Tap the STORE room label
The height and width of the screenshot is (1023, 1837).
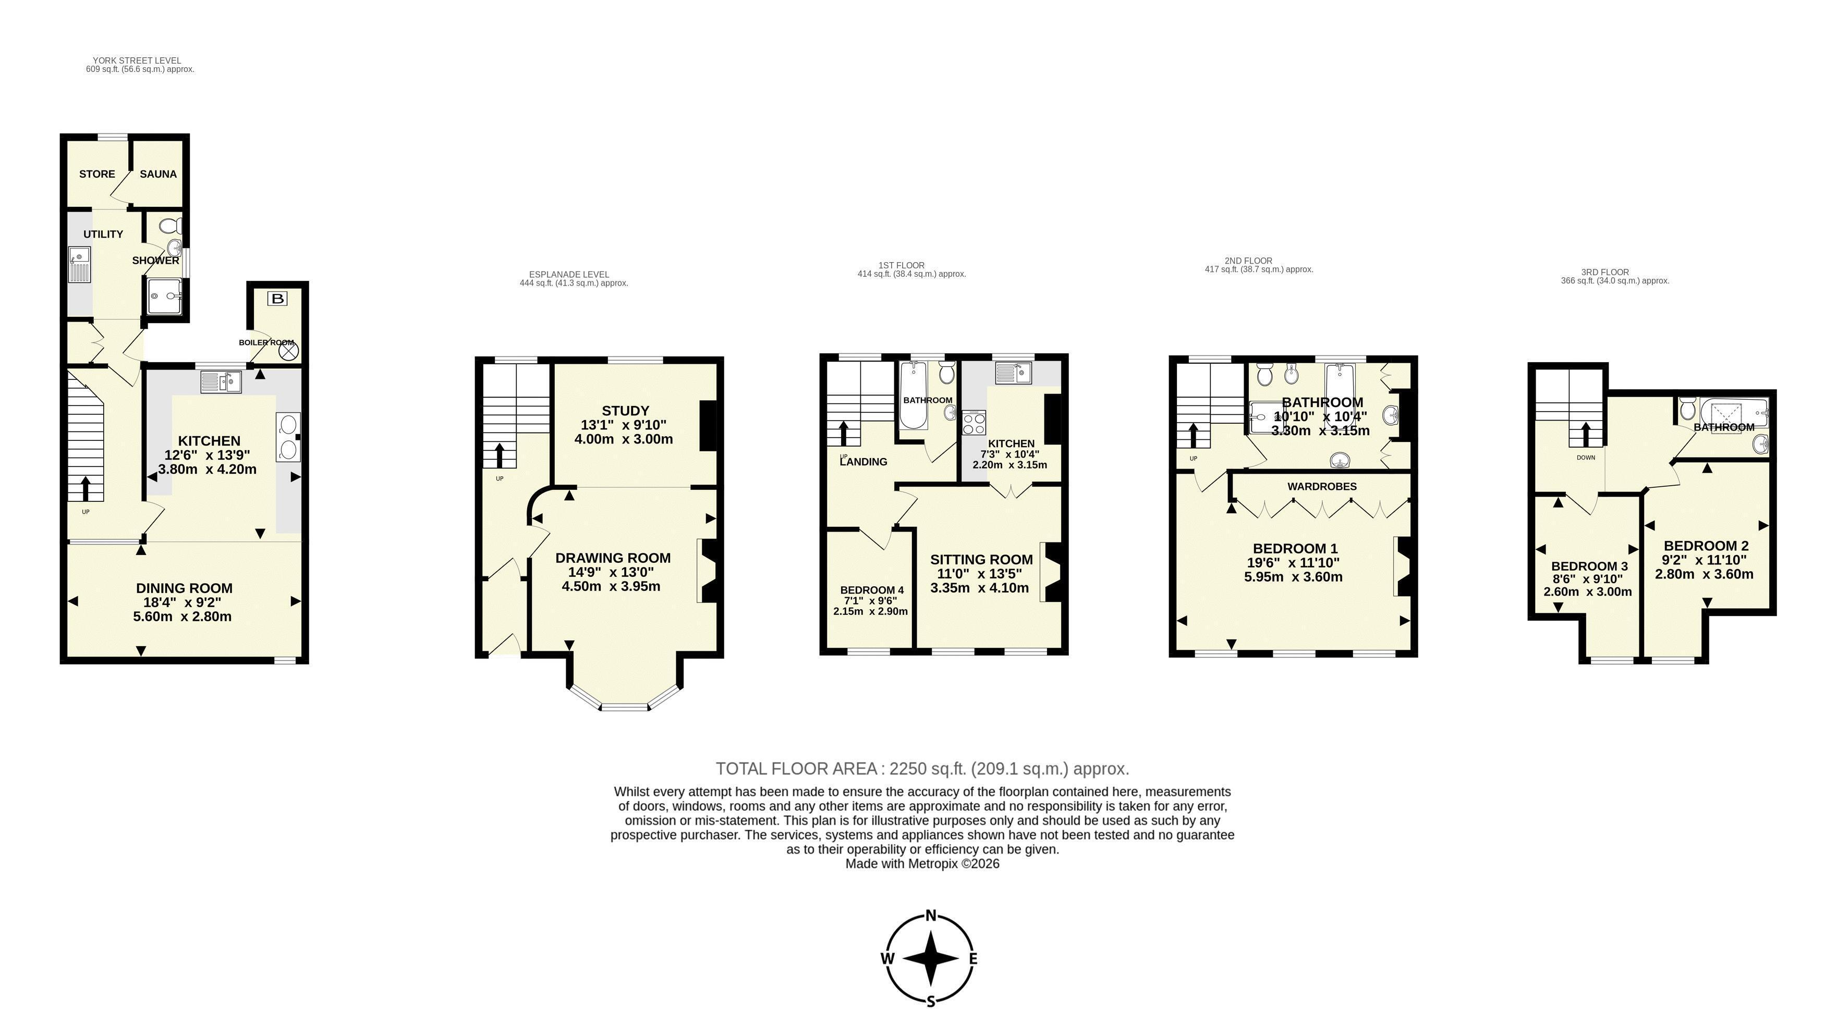[97, 174]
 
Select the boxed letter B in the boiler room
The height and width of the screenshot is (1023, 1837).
[277, 299]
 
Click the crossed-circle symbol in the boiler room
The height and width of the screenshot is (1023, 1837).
[288, 351]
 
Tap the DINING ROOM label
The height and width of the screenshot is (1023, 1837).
[184, 588]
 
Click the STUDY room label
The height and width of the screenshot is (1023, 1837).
[625, 411]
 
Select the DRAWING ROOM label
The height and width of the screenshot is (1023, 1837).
[613, 558]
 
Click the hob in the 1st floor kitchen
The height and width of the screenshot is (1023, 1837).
[974, 424]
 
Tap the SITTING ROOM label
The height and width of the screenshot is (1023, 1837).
[981, 560]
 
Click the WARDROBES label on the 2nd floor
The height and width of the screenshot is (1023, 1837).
[1321, 486]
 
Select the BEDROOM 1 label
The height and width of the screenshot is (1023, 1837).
[1295, 548]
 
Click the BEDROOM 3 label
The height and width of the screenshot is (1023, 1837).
[1589, 566]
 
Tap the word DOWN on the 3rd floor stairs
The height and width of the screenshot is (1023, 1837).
[1586, 458]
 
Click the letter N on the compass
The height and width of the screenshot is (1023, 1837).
[931, 916]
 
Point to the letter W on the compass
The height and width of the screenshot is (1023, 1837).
[888, 959]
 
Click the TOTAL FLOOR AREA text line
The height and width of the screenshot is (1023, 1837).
[923, 769]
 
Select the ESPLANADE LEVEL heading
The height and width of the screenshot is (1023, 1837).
[569, 275]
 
